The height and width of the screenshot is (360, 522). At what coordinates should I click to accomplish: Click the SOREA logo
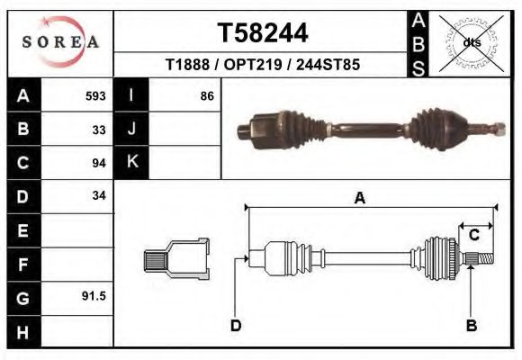[x=60, y=42]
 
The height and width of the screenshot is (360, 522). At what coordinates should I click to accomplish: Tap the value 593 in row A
[x=95, y=96]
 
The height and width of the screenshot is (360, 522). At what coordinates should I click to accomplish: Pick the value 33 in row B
[x=99, y=130]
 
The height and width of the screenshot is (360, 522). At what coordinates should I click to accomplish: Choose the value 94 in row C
[x=99, y=164]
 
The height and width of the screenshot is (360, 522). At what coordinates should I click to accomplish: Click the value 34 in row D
[x=99, y=196]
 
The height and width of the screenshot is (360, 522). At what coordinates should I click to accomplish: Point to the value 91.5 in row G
[x=94, y=295]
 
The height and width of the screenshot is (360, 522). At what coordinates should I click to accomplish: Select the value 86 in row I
[x=206, y=96]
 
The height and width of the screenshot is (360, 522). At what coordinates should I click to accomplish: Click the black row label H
[x=22, y=330]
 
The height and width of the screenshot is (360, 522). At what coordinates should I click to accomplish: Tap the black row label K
[x=131, y=163]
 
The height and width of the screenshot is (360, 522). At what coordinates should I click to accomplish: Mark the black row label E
[x=22, y=230]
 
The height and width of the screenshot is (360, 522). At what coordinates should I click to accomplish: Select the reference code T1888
[x=186, y=66]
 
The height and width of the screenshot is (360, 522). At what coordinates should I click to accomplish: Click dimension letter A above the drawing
[x=359, y=199]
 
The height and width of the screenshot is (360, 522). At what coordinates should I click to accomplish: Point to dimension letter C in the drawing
[x=473, y=236]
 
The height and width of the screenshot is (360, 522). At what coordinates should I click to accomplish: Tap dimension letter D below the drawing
[x=236, y=325]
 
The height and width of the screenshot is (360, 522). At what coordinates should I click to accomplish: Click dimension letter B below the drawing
[x=471, y=325]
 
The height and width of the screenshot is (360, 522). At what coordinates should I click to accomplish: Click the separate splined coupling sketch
[x=176, y=259]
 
